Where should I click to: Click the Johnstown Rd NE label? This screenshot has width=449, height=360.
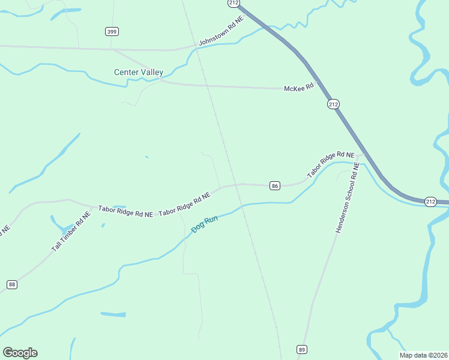tap(222, 31)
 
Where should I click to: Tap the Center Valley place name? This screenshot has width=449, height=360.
tap(139, 73)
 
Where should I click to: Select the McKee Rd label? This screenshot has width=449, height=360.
tap(299, 87)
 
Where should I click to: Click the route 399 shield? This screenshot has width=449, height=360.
tap(111, 31)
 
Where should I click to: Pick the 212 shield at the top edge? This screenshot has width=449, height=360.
tap(234, 3)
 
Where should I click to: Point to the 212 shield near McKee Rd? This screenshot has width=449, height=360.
tap(334, 104)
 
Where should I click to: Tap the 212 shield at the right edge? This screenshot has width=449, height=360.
tap(430, 201)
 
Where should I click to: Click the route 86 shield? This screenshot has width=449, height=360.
tap(275, 186)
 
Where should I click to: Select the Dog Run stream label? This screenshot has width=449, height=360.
tap(205, 225)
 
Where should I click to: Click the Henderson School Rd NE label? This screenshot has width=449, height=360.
tap(347, 198)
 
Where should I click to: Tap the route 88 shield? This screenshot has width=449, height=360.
tap(12, 284)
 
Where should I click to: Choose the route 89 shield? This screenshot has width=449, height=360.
tap(302, 349)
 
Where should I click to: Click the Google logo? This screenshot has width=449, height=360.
tap(20, 353)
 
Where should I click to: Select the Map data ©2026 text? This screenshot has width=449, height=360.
tap(424, 355)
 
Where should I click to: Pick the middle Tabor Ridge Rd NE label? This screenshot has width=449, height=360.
tap(185, 205)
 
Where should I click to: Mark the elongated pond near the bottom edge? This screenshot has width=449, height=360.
tap(113, 314)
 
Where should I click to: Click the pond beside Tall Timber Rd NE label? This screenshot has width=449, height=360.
tap(61, 226)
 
